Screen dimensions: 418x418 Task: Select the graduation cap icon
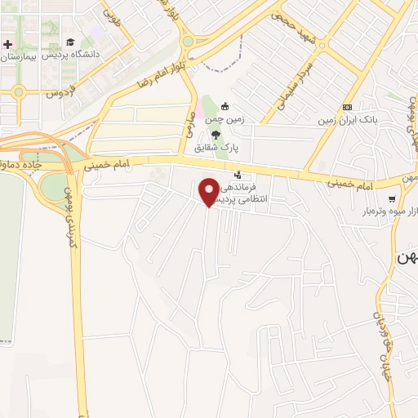[70, 42]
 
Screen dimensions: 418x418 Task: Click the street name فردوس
[60, 91]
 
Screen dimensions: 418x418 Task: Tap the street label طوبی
[112, 14]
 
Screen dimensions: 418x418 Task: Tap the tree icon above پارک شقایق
[216, 136]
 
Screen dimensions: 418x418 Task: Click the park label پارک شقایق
[211, 149]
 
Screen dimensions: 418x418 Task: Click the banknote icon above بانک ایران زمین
[348, 107]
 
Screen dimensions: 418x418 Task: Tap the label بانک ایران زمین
[349, 120]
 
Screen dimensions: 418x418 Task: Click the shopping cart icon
[393, 198]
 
